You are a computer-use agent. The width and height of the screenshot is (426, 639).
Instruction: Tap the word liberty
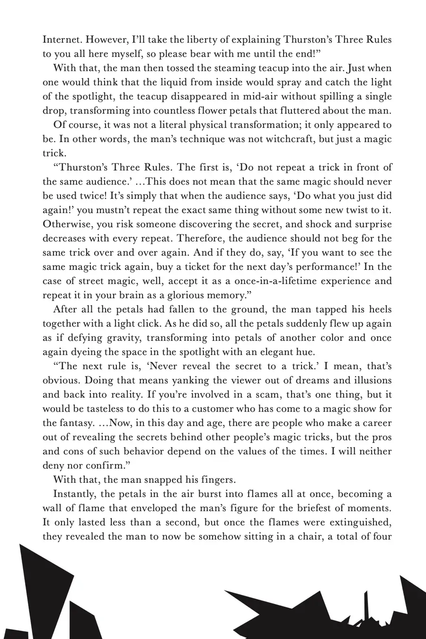[189, 40]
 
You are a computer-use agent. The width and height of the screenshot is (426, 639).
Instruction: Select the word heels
[378, 310]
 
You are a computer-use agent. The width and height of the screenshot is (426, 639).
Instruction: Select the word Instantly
[75, 494]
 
